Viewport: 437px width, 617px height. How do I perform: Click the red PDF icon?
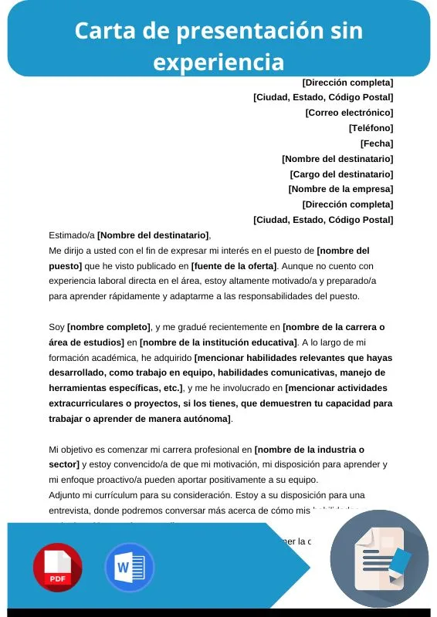(58, 568)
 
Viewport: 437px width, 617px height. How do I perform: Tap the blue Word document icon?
(130, 568)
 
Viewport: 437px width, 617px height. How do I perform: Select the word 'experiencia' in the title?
(218, 61)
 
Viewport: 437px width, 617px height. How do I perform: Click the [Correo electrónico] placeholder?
(349, 113)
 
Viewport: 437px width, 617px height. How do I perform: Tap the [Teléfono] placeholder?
(371, 128)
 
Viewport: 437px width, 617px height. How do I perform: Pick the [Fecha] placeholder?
(377, 143)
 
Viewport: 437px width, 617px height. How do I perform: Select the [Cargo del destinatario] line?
(341, 174)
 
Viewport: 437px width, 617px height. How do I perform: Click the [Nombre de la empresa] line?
(340, 189)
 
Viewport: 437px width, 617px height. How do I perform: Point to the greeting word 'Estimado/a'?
(72, 235)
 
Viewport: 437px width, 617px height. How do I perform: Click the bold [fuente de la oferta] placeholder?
(234, 266)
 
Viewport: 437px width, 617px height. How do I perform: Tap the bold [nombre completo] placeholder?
(109, 327)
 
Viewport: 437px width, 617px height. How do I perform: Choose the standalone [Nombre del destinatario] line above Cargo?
(337, 159)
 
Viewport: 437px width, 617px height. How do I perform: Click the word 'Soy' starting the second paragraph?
(57, 327)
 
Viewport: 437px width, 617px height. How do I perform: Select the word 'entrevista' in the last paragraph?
(71, 510)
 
